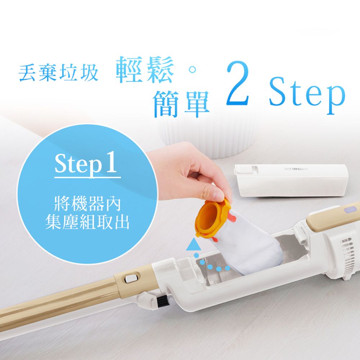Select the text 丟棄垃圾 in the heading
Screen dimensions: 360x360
(58, 72)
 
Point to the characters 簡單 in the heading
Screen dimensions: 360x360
(181, 103)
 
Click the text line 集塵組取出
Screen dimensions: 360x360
(87, 223)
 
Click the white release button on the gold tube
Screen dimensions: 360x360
(131, 278)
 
